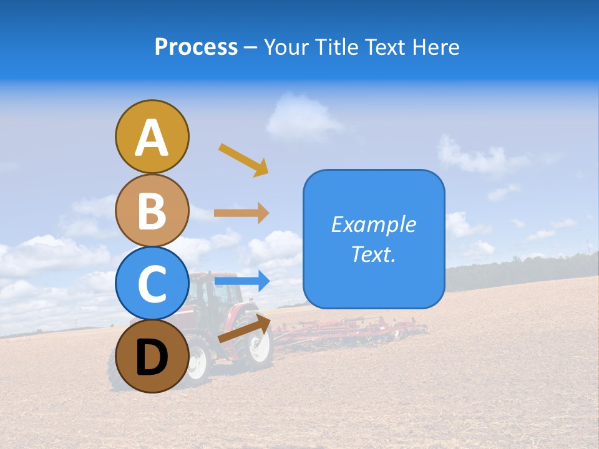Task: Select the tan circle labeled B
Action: pyautogui.click(x=152, y=210)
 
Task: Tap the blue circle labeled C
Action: pyautogui.click(x=152, y=283)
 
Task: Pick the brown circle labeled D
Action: pyautogui.click(x=152, y=356)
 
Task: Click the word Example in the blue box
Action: pyautogui.click(x=373, y=224)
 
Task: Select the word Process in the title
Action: pyautogui.click(x=196, y=47)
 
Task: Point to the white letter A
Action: pyautogui.click(x=152, y=137)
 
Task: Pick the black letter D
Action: pyautogui.click(x=152, y=358)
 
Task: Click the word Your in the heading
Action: pyautogui.click(x=286, y=47)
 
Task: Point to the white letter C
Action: pyautogui.click(x=152, y=284)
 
